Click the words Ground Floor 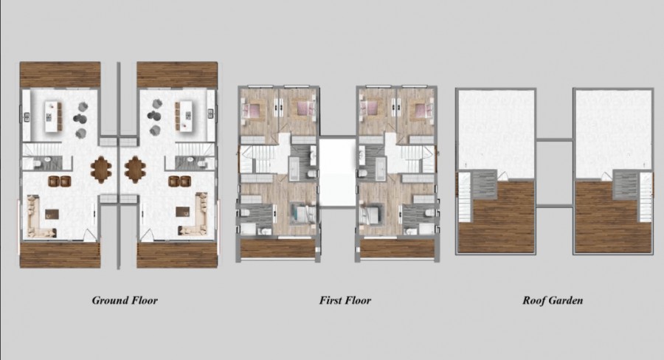(125, 300)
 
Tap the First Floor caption (345, 300)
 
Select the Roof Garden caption (553, 300)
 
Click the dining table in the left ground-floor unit (101, 170)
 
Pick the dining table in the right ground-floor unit (135, 170)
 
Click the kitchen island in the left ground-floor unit (53, 117)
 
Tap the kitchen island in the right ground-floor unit (184, 117)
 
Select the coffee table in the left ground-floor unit (52, 214)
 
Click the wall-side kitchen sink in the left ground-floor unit (27, 117)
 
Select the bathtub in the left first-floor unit (294, 168)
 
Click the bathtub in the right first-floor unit (380, 168)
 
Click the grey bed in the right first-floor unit (371, 213)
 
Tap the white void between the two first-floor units (337, 172)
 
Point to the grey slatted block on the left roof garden (484, 184)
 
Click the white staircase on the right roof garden (646, 197)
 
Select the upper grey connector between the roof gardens (554, 139)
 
